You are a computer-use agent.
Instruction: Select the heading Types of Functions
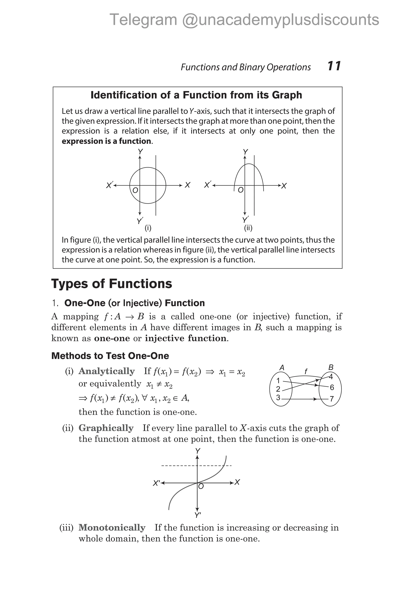(112, 284)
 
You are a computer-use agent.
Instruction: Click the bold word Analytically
(107, 371)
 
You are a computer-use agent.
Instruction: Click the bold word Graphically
(106, 428)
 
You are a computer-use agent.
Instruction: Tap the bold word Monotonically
(112, 528)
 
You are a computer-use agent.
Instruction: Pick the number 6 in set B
(332, 388)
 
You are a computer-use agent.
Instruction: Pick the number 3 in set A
(278, 398)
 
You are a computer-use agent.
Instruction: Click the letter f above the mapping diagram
(306, 371)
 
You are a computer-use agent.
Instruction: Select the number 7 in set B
(332, 399)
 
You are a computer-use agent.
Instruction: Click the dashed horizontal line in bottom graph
(179, 466)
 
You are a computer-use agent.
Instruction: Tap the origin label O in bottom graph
(201, 487)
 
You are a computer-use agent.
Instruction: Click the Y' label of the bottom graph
(198, 515)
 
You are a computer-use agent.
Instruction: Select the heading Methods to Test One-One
(110, 356)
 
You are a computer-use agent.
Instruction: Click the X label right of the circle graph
(187, 185)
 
